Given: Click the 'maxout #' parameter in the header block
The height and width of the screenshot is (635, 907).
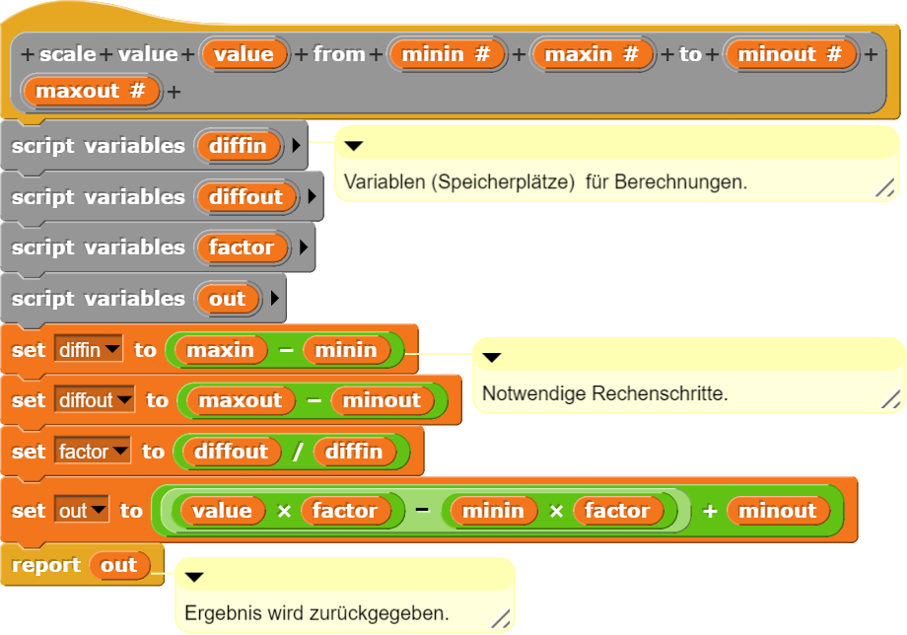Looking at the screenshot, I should [90, 92].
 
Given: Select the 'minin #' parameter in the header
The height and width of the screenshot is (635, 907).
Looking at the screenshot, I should [447, 53].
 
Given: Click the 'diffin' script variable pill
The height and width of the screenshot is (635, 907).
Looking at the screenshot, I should [238, 146].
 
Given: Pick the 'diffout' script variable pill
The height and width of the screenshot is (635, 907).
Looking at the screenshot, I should [245, 197].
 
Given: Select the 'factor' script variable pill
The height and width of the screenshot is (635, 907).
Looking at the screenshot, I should [241, 247].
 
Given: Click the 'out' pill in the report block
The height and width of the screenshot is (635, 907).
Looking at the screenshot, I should [118, 565].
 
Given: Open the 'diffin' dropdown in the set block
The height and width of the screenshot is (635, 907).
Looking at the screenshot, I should [89, 350].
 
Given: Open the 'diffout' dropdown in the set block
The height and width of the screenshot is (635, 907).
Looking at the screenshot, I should [95, 400].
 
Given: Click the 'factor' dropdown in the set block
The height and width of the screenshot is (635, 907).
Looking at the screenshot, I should [93, 452].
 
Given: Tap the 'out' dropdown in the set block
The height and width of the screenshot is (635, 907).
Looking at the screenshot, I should [81, 511].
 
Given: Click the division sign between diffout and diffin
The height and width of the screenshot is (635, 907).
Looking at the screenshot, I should [297, 452].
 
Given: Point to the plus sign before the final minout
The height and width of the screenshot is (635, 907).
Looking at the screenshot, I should [709, 511].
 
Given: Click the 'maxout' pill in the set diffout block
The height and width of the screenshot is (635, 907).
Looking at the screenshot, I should [241, 400].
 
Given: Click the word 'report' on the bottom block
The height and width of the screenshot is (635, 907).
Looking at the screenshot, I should [46, 565].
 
